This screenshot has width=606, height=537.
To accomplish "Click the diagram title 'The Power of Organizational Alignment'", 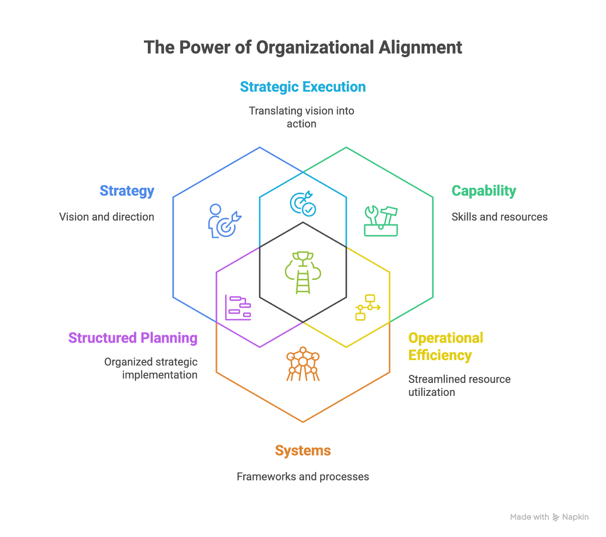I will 303,47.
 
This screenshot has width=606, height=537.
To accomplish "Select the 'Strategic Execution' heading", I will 303,87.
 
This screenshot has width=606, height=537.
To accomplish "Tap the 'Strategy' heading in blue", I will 127,191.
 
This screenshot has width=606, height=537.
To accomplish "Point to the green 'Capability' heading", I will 484,191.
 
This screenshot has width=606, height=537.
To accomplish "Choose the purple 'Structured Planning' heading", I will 133,338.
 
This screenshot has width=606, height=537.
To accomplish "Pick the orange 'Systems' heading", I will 303,450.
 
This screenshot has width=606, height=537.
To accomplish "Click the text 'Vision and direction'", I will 107,217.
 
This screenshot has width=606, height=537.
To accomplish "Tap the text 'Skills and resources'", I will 500,217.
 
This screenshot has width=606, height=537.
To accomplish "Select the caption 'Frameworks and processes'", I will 303,477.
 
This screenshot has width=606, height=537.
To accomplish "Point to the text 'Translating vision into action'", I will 302,117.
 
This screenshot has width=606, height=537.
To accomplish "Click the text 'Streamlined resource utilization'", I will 459,385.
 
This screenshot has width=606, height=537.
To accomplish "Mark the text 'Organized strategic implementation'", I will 151,368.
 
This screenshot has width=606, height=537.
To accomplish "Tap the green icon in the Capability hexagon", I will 380,221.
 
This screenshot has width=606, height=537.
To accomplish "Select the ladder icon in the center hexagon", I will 303,273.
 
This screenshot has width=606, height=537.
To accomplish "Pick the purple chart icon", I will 238,308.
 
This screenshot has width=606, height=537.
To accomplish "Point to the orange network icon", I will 303,364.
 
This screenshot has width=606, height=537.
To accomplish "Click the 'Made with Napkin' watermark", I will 549,517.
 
